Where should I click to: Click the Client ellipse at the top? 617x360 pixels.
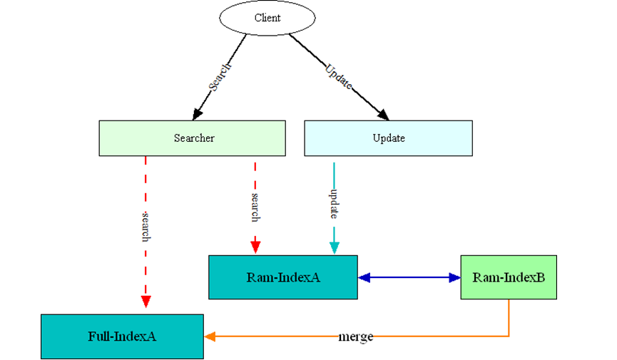[x=267, y=18]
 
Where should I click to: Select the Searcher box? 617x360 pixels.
[x=192, y=138]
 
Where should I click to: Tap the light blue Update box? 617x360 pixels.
[x=388, y=138]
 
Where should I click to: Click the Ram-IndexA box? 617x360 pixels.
[x=282, y=277]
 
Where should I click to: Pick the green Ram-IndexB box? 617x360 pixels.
[x=509, y=277]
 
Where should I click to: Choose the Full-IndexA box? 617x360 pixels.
[x=122, y=336]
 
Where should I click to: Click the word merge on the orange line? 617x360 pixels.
[x=355, y=336]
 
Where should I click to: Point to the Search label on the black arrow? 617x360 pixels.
[x=219, y=78]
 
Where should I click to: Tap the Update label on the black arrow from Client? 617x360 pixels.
[x=339, y=76]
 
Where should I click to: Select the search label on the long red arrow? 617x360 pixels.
[x=146, y=227]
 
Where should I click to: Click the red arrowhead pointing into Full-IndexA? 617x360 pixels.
[x=146, y=302]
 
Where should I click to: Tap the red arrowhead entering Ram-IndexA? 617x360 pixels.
[x=255, y=247]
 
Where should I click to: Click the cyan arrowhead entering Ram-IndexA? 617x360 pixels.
[x=334, y=247]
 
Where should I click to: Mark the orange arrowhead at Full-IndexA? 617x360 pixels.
[x=210, y=336]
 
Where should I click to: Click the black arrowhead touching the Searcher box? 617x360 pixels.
[x=198, y=114]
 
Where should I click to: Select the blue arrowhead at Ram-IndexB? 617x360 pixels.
[x=454, y=277]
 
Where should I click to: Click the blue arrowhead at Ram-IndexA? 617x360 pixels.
[x=364, y=277]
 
